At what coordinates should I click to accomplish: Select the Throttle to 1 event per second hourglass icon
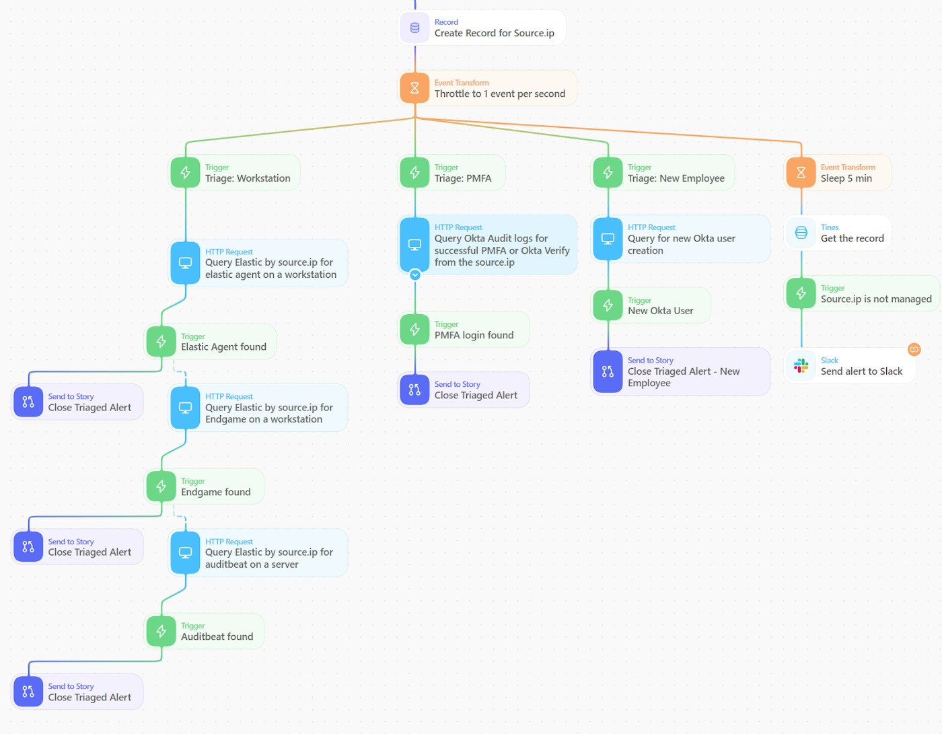click(414, 88)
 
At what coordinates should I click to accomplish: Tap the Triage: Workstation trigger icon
click(185, 173)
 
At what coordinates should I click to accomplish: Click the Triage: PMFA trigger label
click(463, 178)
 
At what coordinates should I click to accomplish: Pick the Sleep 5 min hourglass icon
click(801, 173)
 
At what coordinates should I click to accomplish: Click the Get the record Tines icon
click(801, 233)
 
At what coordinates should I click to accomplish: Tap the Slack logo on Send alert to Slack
click(801, 365)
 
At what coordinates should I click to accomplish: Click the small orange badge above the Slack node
click(914, 349)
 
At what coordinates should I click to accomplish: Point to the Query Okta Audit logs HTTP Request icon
click(414, 244)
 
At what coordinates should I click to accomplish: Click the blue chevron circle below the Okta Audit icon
click(415, 274)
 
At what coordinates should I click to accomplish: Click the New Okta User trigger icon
click(608, 305)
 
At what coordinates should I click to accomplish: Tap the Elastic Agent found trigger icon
click(161, 342)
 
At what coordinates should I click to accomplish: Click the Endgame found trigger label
click(215, 492)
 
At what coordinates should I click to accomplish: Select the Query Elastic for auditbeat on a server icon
click(185, 552)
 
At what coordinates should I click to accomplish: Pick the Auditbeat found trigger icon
click(161, 631)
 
